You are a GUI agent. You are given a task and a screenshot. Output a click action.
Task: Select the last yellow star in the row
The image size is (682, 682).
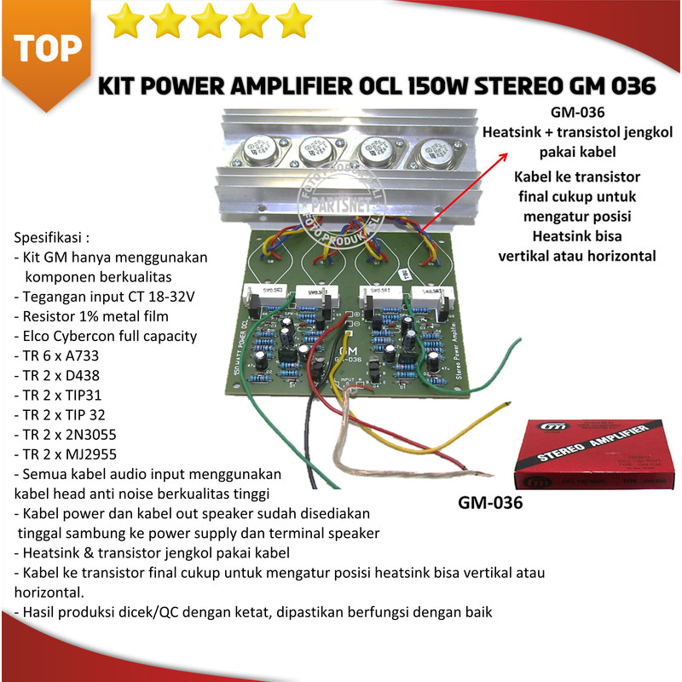click(293, 20)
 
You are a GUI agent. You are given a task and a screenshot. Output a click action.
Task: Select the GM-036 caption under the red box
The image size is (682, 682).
click(489, 503)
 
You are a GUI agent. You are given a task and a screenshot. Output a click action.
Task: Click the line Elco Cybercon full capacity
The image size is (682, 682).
click(106, 336)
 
